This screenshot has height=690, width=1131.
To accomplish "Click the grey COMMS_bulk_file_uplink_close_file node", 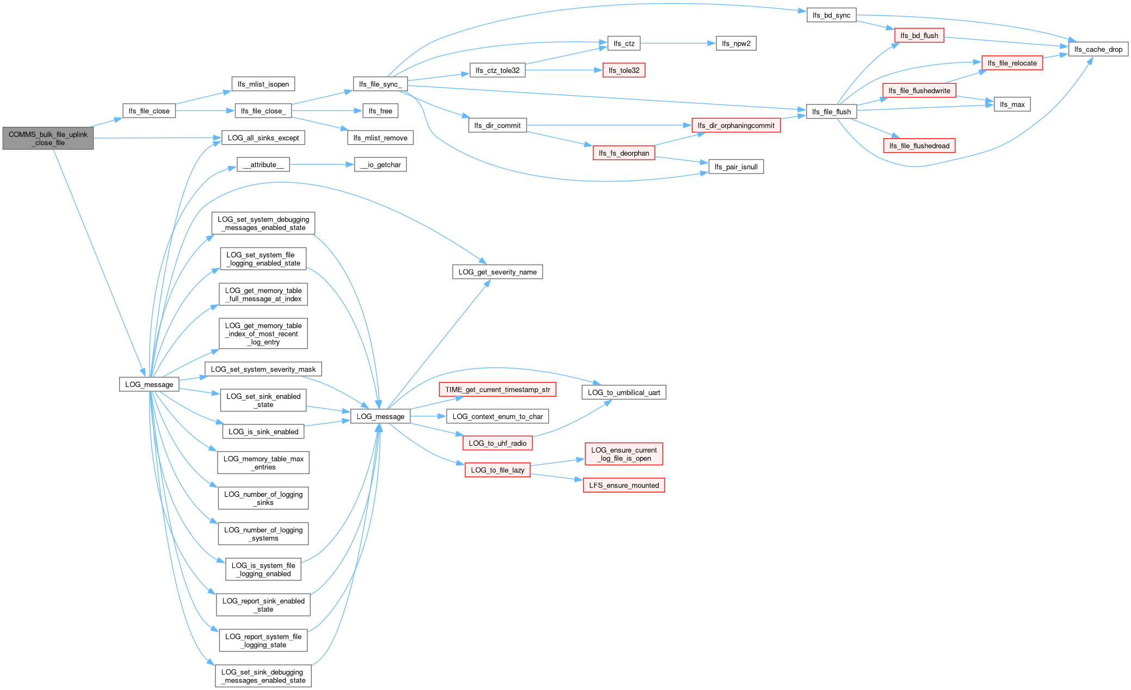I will pos(48,139).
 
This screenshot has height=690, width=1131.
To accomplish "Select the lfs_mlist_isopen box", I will pos(263,84).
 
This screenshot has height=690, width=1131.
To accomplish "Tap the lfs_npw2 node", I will pos(736,44).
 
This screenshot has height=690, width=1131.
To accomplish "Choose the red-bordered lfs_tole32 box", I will pos(623,70).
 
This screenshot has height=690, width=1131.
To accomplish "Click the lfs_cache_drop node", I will pos(1098,49).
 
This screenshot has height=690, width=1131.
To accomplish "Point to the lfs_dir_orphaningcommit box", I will pos(736,125).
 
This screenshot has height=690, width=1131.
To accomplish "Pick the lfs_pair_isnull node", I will pos(736,167).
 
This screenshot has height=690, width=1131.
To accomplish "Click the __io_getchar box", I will pos(380,164).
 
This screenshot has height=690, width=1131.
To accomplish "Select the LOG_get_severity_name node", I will pos(497,272).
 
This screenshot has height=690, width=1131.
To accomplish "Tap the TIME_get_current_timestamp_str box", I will pos(497,390).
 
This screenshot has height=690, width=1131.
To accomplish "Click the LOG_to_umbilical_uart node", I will pos(623,392).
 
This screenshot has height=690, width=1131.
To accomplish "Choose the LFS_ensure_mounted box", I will pos(623,485).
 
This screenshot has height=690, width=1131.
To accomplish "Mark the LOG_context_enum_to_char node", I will pos(497,416).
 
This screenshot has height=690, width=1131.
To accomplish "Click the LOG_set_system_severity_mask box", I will pos(263,369).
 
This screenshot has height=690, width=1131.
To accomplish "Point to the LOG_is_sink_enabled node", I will pos(263,432).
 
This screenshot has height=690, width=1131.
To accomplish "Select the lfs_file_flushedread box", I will pos(919,146).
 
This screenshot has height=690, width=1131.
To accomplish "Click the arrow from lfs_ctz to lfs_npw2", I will pos(677,44).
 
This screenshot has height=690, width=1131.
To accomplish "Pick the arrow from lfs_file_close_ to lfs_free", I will pos(326,111).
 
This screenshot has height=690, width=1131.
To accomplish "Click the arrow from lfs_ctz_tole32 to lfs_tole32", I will pos(563,70).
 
